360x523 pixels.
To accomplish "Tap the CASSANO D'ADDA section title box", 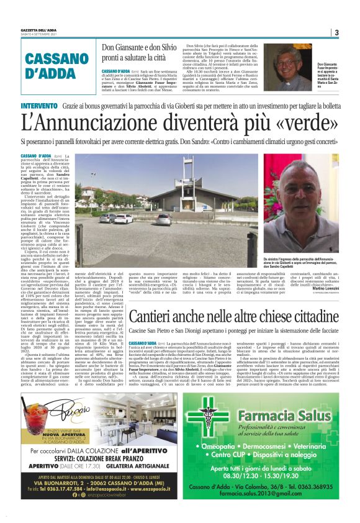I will tap(50, 66).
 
